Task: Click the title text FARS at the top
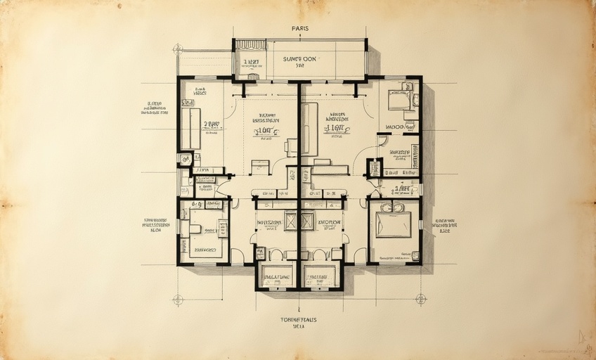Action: [300, 29]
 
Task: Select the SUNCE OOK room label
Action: [300, 59]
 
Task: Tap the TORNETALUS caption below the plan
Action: [299, 320]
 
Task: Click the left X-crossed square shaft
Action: [291, 221]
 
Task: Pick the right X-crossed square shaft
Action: [307, 221]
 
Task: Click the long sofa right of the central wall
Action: [309, 129]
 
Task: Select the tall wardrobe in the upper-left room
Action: [190, 129]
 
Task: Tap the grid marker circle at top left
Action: [178, 49]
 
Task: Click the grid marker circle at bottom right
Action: [420, 298]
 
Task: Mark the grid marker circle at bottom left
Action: [178, 299]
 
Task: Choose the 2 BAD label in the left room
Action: [212, 124]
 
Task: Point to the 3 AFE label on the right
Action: [402, 188]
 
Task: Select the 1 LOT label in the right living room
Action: [337, 128]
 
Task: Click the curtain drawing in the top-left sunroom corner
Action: [250, 45]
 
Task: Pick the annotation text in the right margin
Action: [444, 225]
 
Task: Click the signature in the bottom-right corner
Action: [582, 338]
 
